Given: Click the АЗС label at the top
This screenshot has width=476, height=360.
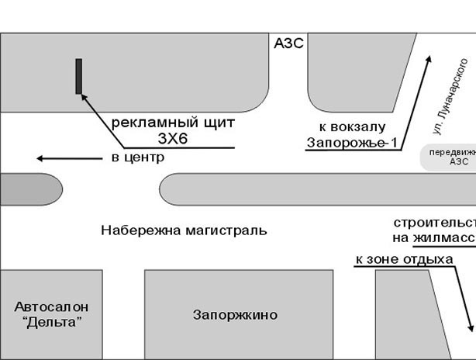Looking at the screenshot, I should click(288, 44).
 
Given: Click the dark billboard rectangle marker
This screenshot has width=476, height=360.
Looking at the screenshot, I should click(79, 76).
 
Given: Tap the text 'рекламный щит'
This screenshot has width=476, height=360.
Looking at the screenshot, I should click(173, 123).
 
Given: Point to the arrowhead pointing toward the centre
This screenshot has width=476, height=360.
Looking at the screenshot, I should click(41, 158).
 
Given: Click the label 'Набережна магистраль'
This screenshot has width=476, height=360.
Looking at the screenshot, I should click(184, 230).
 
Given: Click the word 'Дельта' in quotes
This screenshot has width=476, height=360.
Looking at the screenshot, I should click(52, 322).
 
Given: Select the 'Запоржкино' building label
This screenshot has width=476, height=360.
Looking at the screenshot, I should click(235, 315).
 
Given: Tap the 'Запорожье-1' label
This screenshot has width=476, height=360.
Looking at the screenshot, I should click(345, 143).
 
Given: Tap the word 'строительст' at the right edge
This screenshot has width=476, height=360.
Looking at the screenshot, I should click(434, 222).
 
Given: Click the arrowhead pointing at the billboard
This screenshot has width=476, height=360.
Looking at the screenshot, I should click(85, 99).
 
